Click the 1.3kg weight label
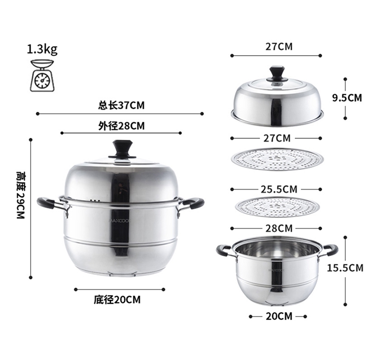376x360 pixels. pyautogui.click(x=42, y=50)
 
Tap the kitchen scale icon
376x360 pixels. pyautogui.click(x=42, y=76)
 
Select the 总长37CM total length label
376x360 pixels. pyautogui.click(x=121, y=105)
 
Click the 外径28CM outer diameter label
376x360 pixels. pyautogui.click(x=121, y=126)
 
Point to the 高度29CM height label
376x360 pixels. pyautogui.click(x=21, y=195)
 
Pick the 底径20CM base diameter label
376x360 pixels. pyautogui.click(x=117, y=300)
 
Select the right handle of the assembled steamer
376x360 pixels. pyautogui.click(x=192, y=204)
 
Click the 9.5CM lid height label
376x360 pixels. pyautogui.click(x=347, y=98)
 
